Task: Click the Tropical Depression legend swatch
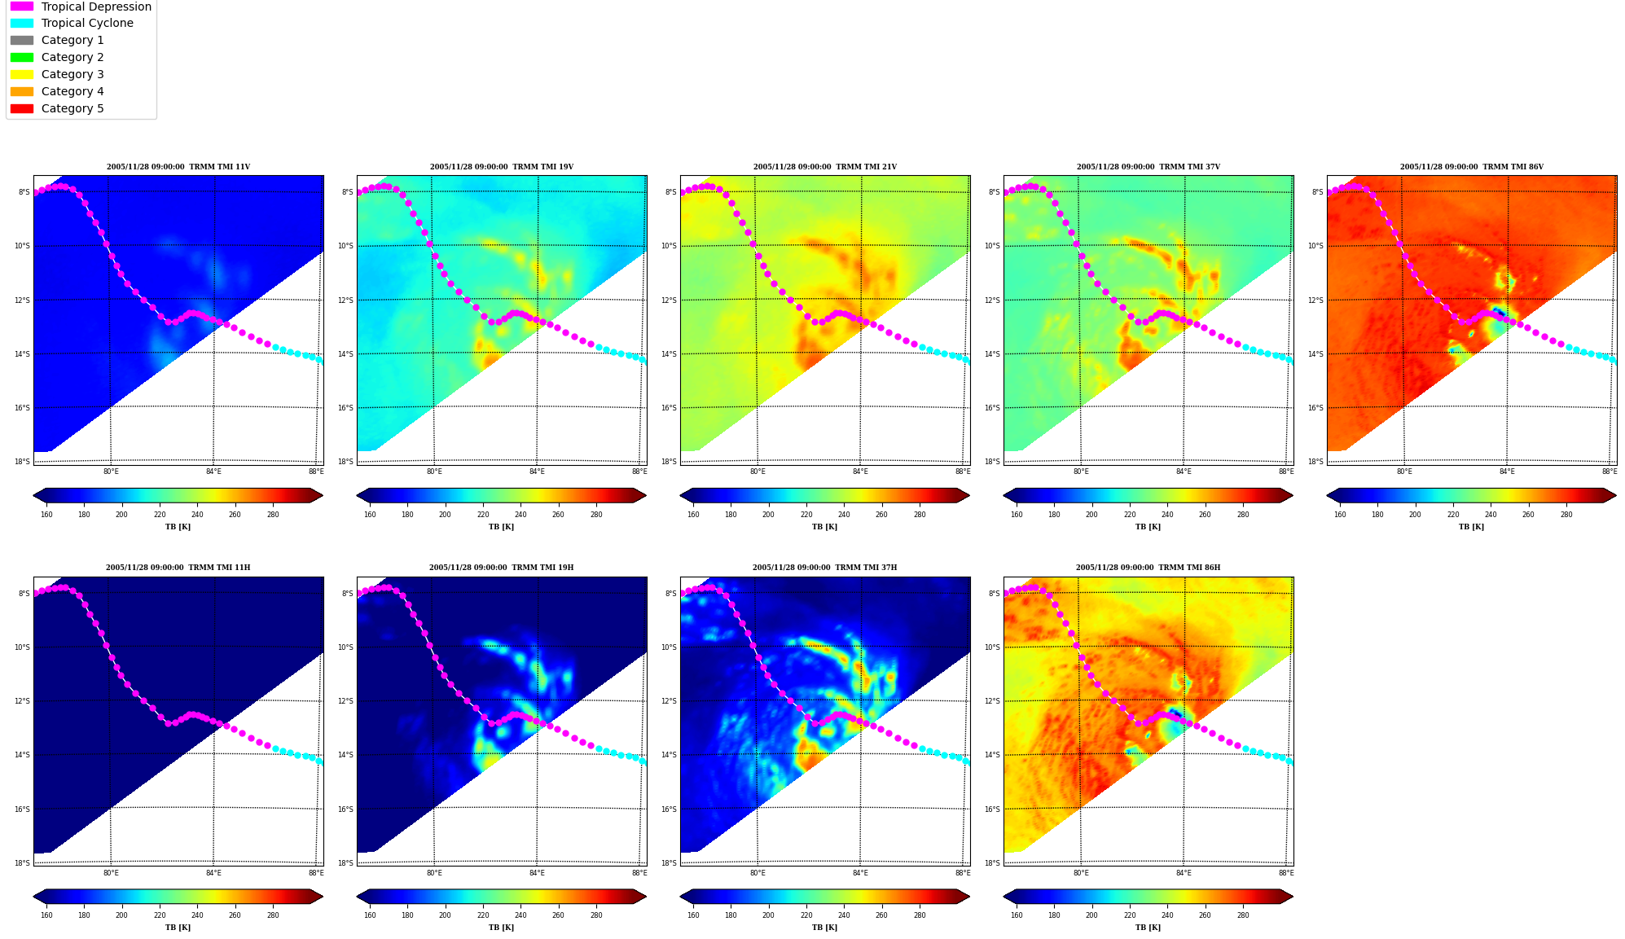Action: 22,7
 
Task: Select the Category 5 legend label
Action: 72,108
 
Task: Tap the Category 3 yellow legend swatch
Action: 22,74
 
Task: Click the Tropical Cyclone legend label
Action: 87,23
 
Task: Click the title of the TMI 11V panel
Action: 178,167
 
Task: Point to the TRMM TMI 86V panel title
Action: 1471,167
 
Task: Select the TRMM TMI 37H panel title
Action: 824,568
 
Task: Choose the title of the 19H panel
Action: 501,568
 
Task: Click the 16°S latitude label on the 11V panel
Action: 22,408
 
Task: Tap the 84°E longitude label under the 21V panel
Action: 860,472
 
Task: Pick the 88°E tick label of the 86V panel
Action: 1610,472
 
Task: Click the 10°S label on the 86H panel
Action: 992,647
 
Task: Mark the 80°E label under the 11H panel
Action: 111,873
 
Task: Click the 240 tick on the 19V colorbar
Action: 520,515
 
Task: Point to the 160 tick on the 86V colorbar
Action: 1340,515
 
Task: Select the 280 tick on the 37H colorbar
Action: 920,915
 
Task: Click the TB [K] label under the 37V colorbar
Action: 1148,527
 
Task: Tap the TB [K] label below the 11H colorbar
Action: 178,928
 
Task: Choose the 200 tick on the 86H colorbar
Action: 1091,915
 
